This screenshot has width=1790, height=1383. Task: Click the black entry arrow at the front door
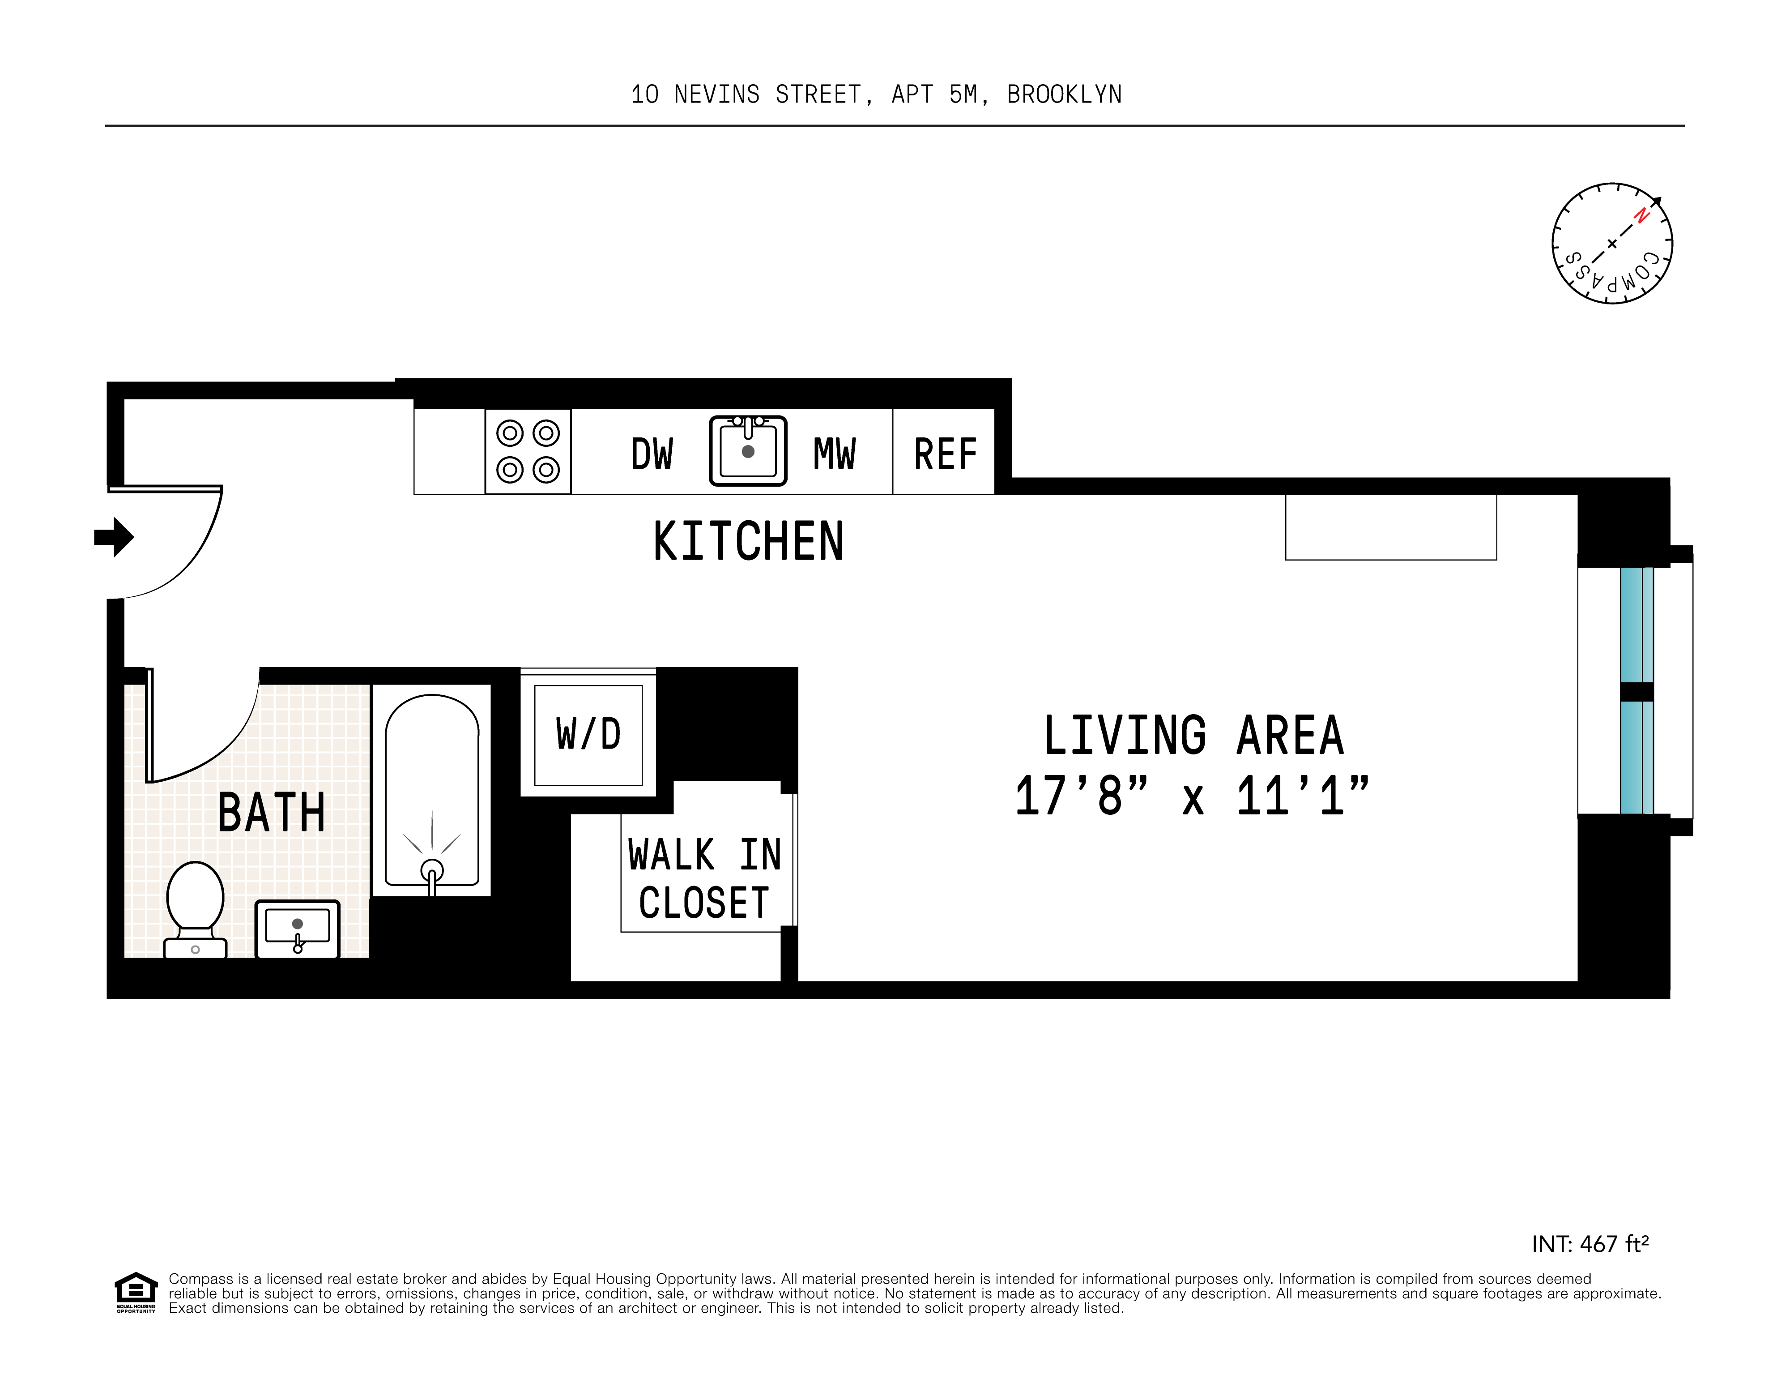click(x=115, y=537)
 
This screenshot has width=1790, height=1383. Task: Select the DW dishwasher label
click(x=652, y=454)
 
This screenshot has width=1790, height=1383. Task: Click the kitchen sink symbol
click(x=747, y=451)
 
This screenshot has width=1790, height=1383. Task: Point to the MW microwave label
click(x=834, y=454)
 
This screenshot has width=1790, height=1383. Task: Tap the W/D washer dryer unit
click(x=588, y=735)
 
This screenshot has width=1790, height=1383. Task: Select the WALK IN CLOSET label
click(x=704, y=879)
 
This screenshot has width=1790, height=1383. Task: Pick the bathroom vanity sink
click(x=298, y=929)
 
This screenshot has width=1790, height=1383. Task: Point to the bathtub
click(x=432, y=791)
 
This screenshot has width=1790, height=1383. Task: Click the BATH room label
click(x=271, y=813)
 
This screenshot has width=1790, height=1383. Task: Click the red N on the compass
click(x=1641, y=216)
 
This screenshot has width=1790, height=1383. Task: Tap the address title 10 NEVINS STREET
click(x=875, y=95)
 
